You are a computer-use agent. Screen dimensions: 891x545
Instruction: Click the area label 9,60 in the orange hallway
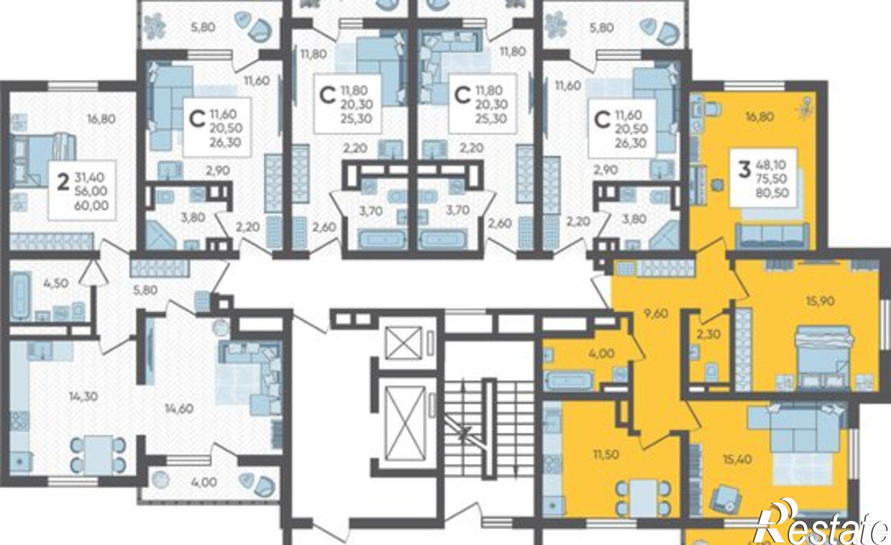(x=656, y=313)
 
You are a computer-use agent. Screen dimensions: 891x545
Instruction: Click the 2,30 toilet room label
(x=708, y=334)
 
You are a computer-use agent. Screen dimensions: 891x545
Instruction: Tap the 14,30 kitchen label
(x=83, y=396)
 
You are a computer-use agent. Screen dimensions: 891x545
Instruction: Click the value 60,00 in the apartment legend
(x=93, y=205)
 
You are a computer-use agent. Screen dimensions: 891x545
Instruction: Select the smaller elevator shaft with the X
(x=403, y=342)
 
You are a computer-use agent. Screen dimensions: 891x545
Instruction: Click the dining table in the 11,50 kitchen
(x=643, y=496)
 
